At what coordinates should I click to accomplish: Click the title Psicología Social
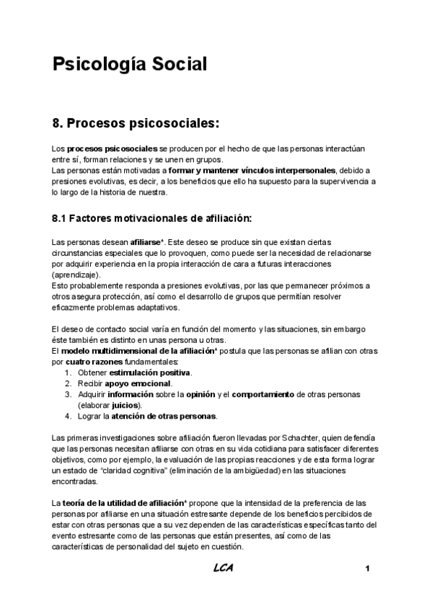(130, 64)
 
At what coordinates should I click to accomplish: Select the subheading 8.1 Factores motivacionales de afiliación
(151, 218)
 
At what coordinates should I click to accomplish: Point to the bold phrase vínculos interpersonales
(290, 170)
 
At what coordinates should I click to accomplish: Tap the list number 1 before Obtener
(68, 373)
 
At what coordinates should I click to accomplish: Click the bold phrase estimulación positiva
(150, 373)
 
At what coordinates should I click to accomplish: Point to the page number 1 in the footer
(368, 569)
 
